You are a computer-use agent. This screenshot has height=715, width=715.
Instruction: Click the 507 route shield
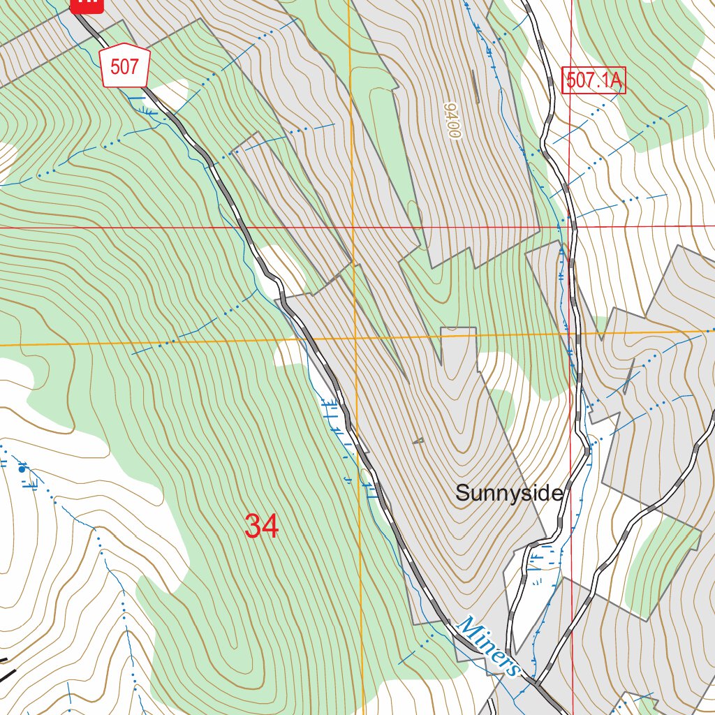click(125, 68)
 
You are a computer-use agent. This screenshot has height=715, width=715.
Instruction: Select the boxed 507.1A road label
click(594, 80)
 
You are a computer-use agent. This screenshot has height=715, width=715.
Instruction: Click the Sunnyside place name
click(509, 493)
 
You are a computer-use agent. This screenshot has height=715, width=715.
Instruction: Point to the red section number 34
click(262, 526)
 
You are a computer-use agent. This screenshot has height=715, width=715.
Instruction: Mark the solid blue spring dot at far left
click(22, 469)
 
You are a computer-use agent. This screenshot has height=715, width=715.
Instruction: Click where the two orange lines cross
click(355, 340)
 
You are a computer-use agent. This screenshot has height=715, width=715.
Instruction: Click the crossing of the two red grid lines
click(571, 226)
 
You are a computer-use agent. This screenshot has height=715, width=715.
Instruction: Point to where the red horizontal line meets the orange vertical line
click(353, 227)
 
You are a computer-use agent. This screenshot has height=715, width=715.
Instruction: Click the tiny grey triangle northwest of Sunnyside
click(418, 441)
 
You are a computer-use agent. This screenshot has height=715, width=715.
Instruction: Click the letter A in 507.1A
click(614, 80)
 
